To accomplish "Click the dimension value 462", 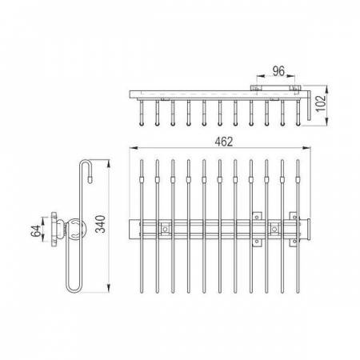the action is click(x=224, y=142).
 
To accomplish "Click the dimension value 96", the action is click(x=278, y=71).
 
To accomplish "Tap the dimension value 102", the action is click(x=321, y=103).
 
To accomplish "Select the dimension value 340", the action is click(x=101, y=224).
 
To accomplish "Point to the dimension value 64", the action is click(x=36, y=231).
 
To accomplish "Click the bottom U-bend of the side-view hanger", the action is click(x=73, y=289).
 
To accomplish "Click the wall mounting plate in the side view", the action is click(x=54, y=229).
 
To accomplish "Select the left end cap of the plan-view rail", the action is click(x=134, y=230).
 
